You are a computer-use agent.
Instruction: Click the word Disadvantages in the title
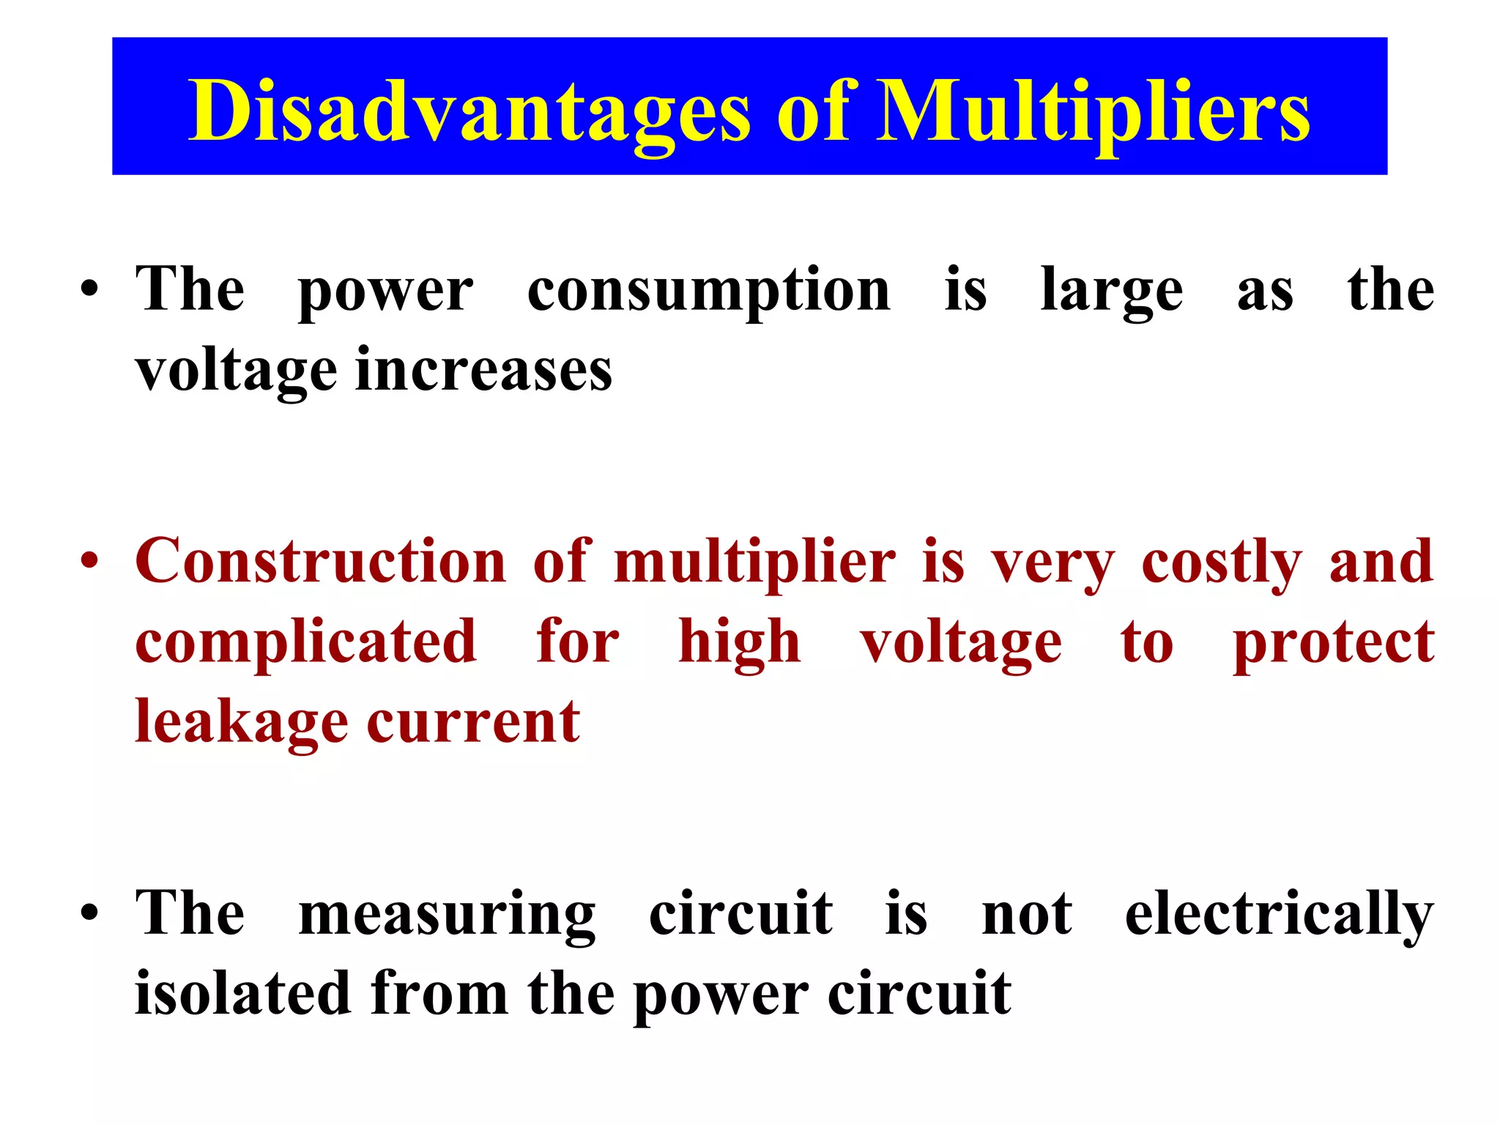pyautogui.click(x=469, y=111)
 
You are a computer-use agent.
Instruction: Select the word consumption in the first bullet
pyautogui.click(x=708, y=292)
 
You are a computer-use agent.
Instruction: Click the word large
pyautogui.click(x=1111, y=292)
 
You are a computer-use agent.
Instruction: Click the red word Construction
pyautogui.click(x=321, y=561)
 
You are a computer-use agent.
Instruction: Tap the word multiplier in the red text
pyautogui.click(x=754, y=562)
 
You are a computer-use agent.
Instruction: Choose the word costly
pyautogui.click(x=1221, y=562)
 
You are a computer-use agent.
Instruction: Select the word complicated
pyautogui.click(x=306, y=642)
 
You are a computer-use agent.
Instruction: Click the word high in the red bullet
pyautogui.click(x=739, y=642)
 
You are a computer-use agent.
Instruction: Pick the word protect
pyautogui.click(x=1333, y=642)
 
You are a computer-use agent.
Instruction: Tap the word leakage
pyautogui.click(x=242, y=722)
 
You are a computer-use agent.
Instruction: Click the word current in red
pyautogui.click(x=473, y=722)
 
